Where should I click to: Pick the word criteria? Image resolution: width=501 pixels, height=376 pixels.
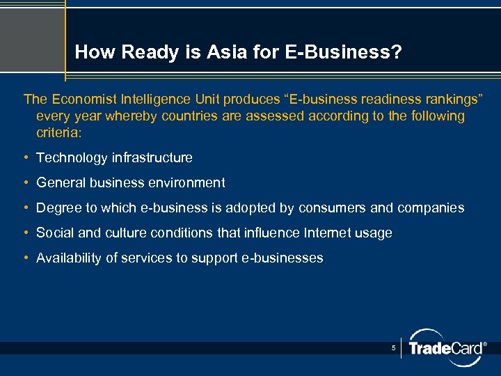(58, 132)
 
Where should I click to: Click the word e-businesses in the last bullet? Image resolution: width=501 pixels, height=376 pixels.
(284, 258)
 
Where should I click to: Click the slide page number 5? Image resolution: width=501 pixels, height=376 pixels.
(393, 347)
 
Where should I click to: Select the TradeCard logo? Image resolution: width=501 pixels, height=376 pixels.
(445, 347)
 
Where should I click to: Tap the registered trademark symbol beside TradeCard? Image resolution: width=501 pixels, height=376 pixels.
(484, 344)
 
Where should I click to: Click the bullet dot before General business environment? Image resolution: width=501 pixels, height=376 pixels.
(26, 183)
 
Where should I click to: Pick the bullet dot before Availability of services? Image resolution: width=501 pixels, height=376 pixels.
(26, 258)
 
